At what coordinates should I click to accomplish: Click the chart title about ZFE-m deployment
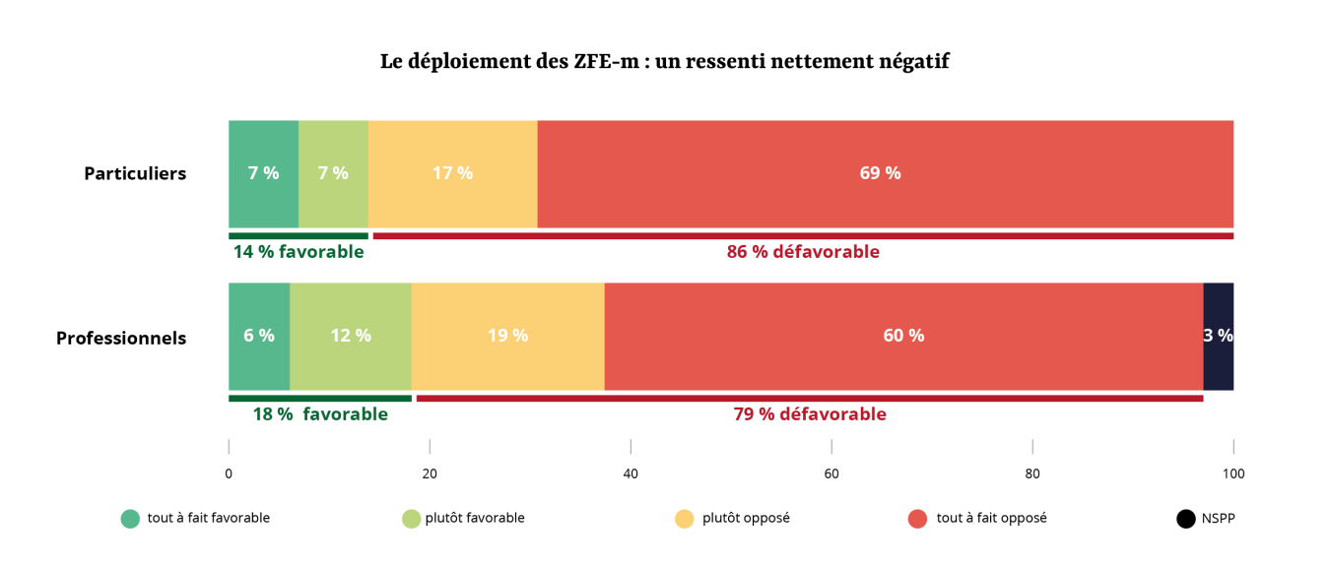pyautogui.click(x=664, y=61)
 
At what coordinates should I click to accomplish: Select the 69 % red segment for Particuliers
pyautogui.click(x=885, y=173)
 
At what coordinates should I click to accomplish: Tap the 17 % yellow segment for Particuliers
pyautogui.click(x=452, y=173)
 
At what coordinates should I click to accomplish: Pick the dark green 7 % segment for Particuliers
pyautogui.click(x=263, y=173)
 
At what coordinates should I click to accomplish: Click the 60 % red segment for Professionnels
pyautogui.click(x=903, y=336)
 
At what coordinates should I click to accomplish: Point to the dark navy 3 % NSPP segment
pyautogui.click(x=1218, y=336)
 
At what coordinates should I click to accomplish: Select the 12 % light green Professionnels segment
pyautogui.click(x=350, y=336)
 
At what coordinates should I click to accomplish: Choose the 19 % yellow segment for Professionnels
pyautogui.click(x=507, y=336)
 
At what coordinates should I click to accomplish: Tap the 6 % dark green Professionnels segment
pyautogui.click(x=259, y=336)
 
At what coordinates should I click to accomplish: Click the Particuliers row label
pyautogui.click(x=135, y=174)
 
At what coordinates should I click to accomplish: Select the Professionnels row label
pyautogui.click(x=121, y=338)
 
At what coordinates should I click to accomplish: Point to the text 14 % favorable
pyautogui.click(x=299, y=252)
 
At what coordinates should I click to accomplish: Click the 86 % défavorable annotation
pyautogui.click(x=803, y=252)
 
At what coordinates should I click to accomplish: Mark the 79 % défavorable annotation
pyautogui.click(x=810, y=414)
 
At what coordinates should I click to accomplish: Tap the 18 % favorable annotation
pyautogui.click(x=320, y=414)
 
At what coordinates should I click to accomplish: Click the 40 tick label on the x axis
pyautogui.click(x=631, y=473)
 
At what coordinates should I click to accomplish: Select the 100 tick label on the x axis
pyautogui.click(x=1233, y=473)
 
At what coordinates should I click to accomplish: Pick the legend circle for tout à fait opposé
pyautogui.click(x=918, y=519)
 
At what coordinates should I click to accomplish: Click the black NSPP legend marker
pyautogui.click(x=1186, y=519)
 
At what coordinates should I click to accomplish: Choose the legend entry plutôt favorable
pyautogui.click(x=475, y=518)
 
